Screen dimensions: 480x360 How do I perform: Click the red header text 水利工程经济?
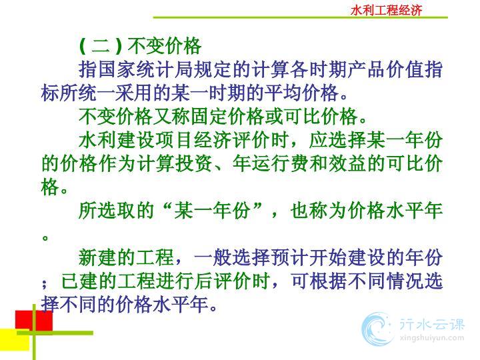(x=386, y=10)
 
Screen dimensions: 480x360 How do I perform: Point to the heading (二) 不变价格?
(x=140, y=46)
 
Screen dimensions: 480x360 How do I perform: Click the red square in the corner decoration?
(x=34, y=321)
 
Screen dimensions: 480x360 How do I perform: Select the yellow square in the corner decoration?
(x=15, y=340)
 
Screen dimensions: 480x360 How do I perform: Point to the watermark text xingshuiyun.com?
(x=432, y=338)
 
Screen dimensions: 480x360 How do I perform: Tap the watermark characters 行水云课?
(x=432, y=324)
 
